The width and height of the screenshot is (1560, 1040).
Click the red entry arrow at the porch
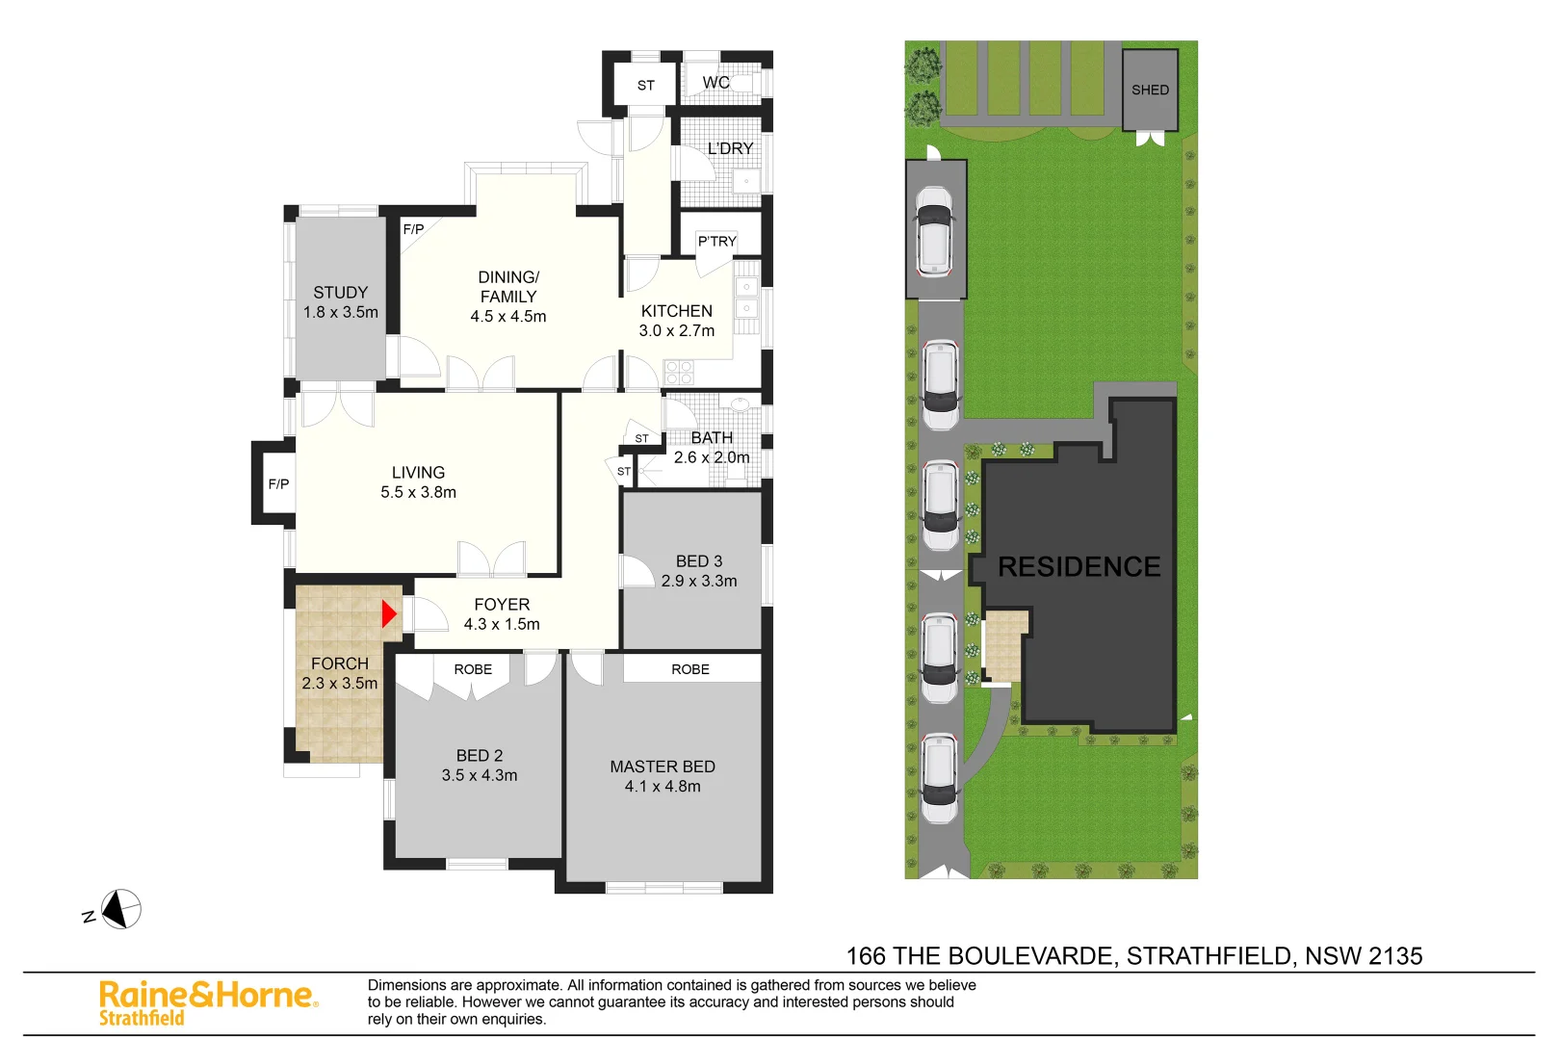pyautogui.click(x=389, y=614)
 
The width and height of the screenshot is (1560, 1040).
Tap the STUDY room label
pyautogui.click(x=340, y=293)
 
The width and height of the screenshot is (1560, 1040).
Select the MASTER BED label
pyautogui.click(x=663, y=767)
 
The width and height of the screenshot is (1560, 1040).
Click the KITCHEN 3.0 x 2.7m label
pyautogui.click(x=677, y=321)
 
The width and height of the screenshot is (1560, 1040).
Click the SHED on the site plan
pyautogui.click(x=1150, y=90)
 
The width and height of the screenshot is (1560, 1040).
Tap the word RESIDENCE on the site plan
pyautogui.click(x=1079, y=566)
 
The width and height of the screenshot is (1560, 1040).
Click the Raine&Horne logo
pyautogui.click(x=208, y=1001)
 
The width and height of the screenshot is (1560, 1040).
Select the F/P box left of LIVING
pyautogui.click(x=278, y=484)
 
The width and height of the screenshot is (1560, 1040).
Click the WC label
pyautogui.click(x=715, y=83)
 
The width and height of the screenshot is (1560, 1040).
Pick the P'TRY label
pyautogui.click(x=716, y=242)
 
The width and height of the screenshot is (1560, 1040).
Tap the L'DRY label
pyautogui.click(x=730, y=148)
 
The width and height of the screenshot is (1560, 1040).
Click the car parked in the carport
pyautogui.click(x=934, y=231)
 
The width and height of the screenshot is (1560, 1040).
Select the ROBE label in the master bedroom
pyautogui.click(x=690, y=669)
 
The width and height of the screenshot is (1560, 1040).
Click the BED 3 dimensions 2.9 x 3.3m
pyautogui.click(x=699, y=581)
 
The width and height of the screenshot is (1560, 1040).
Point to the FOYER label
pyautogui.click(x=502, y=605)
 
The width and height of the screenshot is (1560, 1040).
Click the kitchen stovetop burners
pyautogui.click(x=679, y=372)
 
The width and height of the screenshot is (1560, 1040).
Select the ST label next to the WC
pyautogui.click(x=646, y=86)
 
